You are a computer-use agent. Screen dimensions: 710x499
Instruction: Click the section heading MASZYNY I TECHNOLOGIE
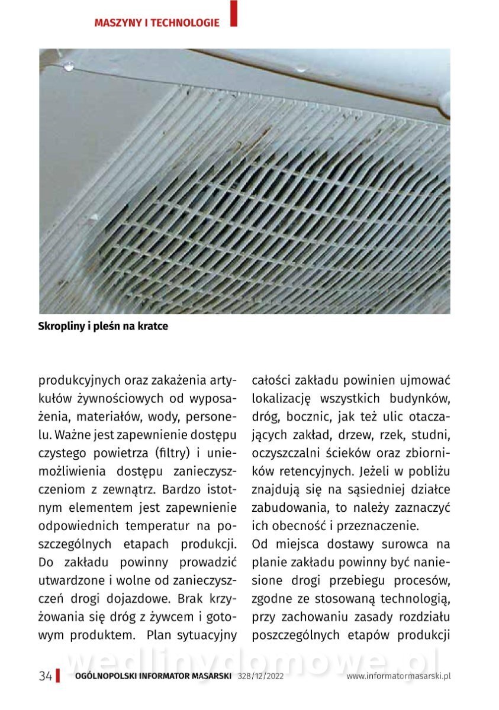click(157, 23)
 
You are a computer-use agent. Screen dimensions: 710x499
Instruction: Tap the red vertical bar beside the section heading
click(234, 13)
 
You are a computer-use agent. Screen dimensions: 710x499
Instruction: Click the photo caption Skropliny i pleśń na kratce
click(103, 326)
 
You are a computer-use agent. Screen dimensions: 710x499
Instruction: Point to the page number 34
click(46, 676)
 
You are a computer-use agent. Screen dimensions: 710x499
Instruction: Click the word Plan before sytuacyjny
click(163, 635)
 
